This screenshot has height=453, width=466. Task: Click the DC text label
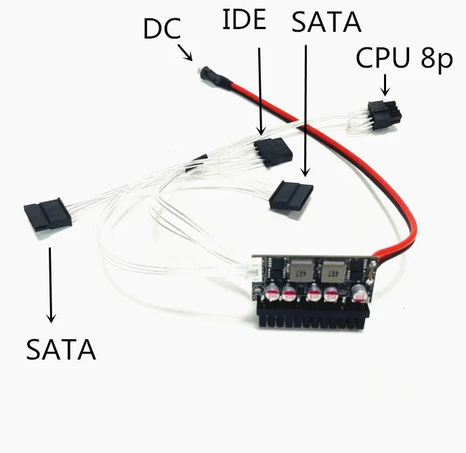point(162,28)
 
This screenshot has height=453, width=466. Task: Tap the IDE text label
point(244,20)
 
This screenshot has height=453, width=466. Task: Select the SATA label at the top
point(326,22)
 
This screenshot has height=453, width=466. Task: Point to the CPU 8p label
point(404,58)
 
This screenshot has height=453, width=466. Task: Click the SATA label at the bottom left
point(61,349)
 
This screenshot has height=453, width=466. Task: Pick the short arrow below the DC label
point(186,53)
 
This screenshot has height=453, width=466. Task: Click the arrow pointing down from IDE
point(260,91)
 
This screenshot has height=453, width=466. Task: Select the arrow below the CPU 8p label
point(385,85)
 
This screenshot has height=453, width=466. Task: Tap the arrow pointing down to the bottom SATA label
point(51,285)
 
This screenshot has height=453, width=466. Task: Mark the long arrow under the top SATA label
point(305,111)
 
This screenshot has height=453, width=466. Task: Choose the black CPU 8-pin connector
point(385,114)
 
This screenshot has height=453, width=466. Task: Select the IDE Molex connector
point(273,152)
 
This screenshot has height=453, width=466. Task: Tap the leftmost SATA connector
point(47,215)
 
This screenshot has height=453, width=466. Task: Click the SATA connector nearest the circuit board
point(291,196)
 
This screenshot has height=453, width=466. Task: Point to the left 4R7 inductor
point(301,269)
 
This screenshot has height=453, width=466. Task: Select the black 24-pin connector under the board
point(312,316)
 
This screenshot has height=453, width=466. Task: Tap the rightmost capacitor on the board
point(359,293)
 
